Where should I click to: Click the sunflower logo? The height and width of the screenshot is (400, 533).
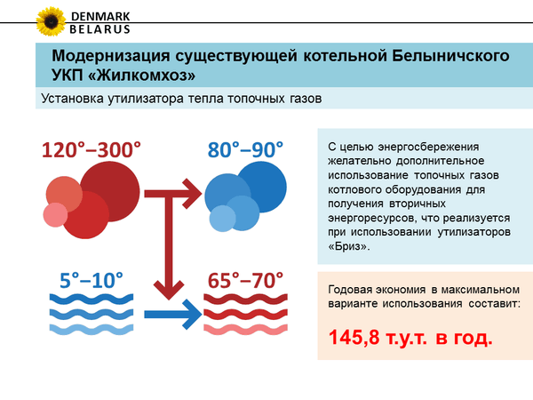(x=51, y=21)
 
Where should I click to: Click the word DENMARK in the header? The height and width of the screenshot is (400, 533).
(x=100, y=16)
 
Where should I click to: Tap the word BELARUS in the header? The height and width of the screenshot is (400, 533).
(x=99, y=29)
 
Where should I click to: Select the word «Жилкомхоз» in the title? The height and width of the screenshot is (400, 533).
(x=142, y=75)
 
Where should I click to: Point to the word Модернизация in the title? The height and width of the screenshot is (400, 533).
(x=111, y=55)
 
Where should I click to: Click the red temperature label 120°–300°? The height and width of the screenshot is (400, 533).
(x=91, y=149)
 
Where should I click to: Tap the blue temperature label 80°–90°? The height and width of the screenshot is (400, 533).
(x=245, y=149)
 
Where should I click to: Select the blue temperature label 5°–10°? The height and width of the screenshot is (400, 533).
(x=91, y=280)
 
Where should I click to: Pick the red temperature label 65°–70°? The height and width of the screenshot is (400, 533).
(x=245, y=280)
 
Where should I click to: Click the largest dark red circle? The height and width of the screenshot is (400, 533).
(x=110, y=191)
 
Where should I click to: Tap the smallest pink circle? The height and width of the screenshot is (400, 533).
(x=55, y=214)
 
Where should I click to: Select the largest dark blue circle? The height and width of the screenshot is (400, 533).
(x=261, y=187)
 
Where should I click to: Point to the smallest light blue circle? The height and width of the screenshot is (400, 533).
(x=223, y=219)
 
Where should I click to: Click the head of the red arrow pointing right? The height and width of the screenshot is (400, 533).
(x=193, y=194)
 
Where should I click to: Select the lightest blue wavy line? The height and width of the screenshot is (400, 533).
(x=91, y=329)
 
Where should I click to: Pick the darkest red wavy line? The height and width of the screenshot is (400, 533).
(x=245, y=299)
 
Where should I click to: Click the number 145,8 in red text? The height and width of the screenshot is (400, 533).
(x=354, y=338)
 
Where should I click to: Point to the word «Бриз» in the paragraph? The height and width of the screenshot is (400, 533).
(x=349, y=246)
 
